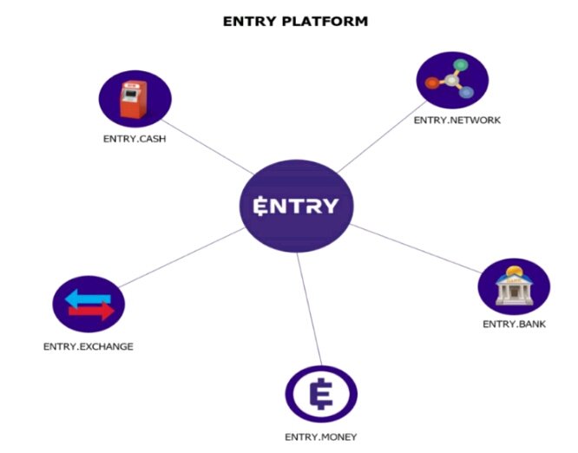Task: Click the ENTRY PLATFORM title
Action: (295, 21)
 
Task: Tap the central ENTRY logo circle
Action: (296, 207)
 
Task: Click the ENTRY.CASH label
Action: (134, 137)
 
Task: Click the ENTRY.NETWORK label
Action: (457, 120)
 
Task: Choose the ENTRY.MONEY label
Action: (321, 437)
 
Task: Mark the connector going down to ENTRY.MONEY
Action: (310, 312)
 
